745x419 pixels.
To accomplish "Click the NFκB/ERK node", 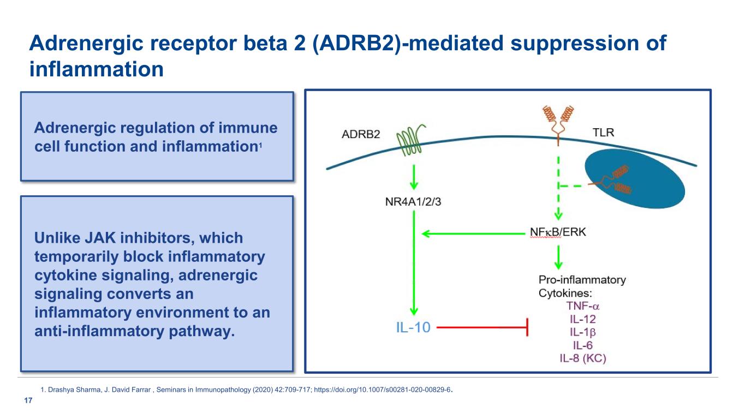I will coord(558,232).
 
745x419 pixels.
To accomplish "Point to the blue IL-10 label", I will coord(413,327).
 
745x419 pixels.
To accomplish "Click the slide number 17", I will coord(26,402).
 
